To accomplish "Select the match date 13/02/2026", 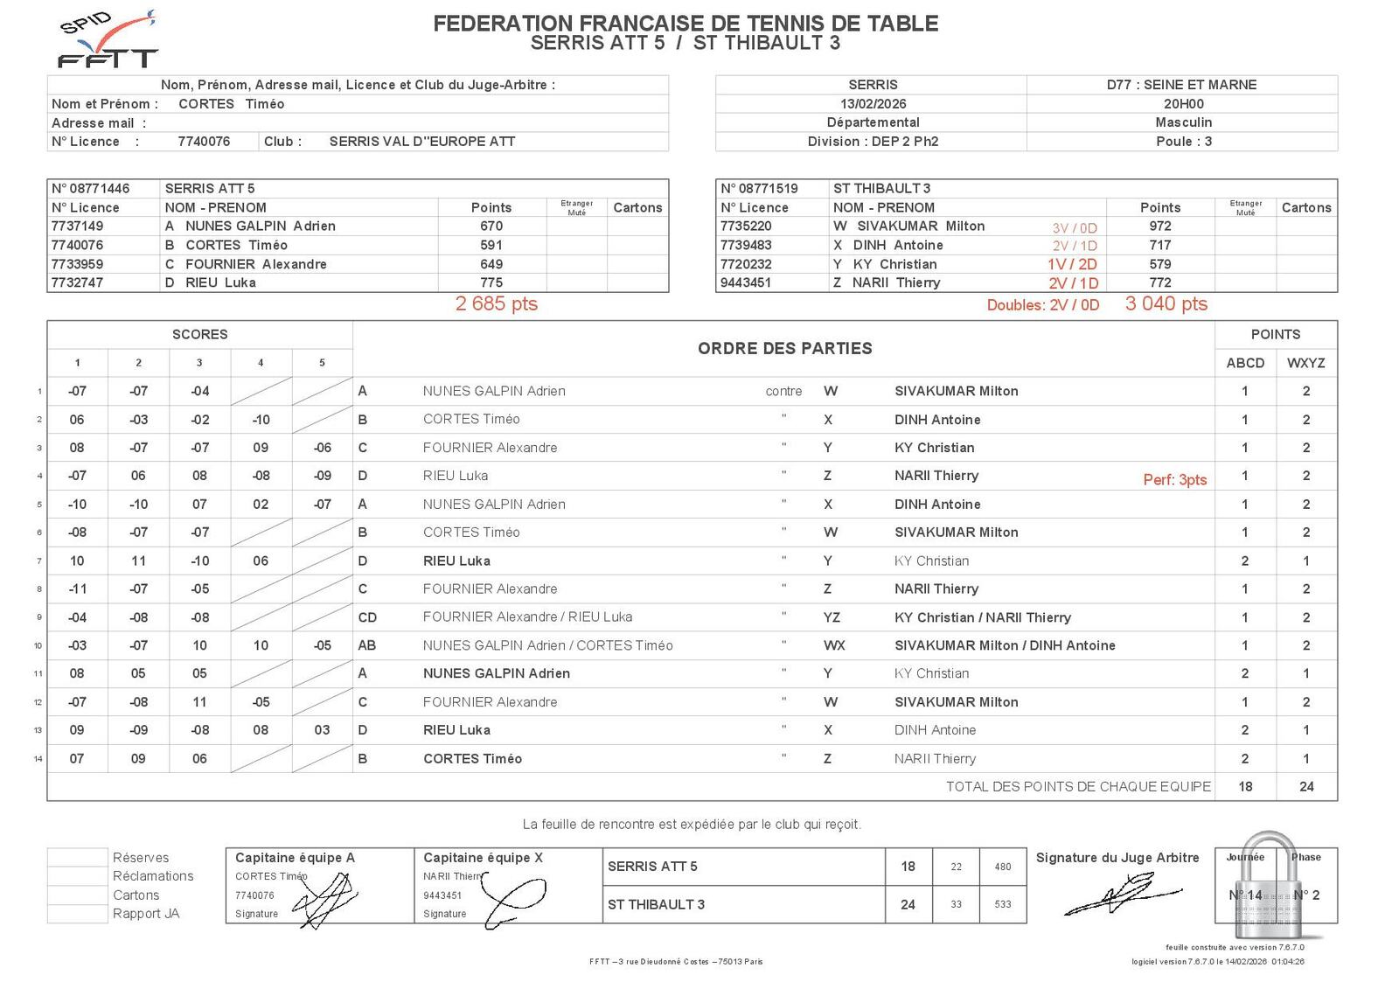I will coord(873,103).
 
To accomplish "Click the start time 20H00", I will coord(1183,103).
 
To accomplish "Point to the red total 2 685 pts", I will coord(496,304).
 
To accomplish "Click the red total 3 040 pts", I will coord(1166,304).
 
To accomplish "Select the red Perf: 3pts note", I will coord(1174,479).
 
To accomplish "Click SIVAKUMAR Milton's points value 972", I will coord(1159,226).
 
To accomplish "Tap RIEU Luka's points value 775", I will coord(491,282).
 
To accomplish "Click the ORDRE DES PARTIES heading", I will coord(784,348).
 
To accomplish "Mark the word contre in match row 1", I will coord(783,391).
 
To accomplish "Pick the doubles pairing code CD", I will coord(367,617).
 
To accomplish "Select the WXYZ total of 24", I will coord(1306,786).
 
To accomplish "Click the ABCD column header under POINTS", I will coord(1245,363).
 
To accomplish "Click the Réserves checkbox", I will coord(78,857).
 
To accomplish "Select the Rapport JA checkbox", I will coord(78,914).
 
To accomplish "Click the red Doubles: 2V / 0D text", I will coord(1042,305).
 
